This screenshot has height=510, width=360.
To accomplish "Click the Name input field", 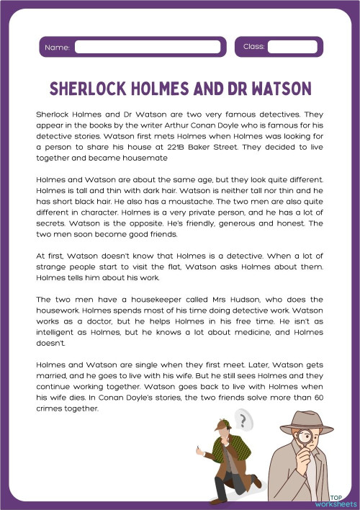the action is pos(147,47).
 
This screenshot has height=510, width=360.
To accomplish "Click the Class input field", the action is pos(292,47).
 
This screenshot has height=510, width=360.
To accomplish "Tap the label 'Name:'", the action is pos(57,48).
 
